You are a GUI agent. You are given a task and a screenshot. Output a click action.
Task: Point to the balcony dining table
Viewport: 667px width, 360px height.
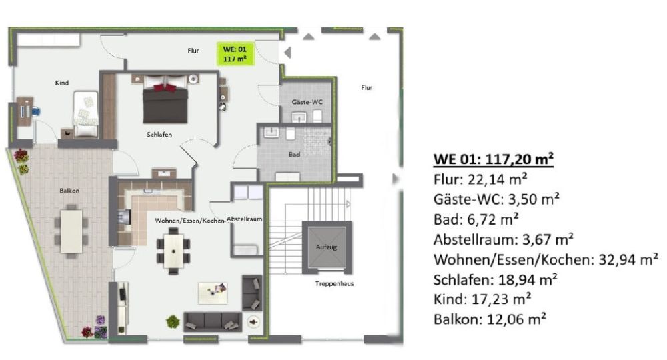click(71, 231)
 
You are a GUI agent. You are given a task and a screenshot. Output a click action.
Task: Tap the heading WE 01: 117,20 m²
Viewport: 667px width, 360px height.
click(494, 159)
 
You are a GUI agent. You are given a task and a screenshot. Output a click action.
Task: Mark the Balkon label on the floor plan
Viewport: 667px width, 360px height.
click(69, 191)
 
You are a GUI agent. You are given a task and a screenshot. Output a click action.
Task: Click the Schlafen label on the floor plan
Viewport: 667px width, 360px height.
click(160, 135)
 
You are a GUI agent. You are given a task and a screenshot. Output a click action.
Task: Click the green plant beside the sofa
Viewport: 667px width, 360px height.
click(173, 321)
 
